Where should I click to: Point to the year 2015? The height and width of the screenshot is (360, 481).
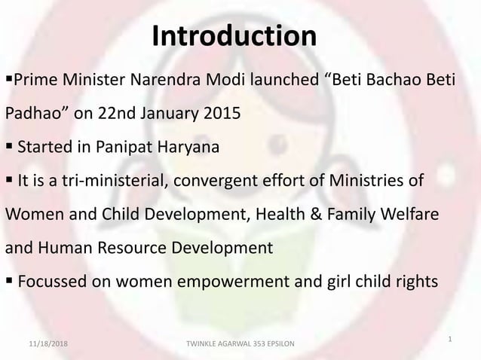[x=223, y=114]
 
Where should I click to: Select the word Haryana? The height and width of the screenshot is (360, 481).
[x=193, y=148]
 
